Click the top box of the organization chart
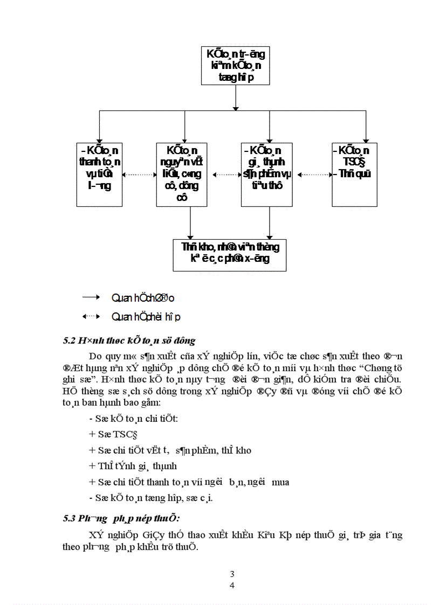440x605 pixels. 236,66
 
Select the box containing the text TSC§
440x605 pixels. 354,174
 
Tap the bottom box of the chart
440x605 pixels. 230,254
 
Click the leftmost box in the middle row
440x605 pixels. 99,174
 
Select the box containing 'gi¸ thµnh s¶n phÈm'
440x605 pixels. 266,174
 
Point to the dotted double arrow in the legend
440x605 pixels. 91,316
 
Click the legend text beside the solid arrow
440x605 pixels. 142,297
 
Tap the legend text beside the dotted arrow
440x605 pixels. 146,317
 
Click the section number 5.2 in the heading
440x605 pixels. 69,340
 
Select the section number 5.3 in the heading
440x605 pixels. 69,518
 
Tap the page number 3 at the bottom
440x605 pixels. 232,574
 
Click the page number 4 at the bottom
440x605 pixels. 232,586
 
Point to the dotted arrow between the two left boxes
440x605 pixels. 139,175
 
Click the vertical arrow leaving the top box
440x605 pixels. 236,98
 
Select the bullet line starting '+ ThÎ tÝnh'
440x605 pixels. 133,466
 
